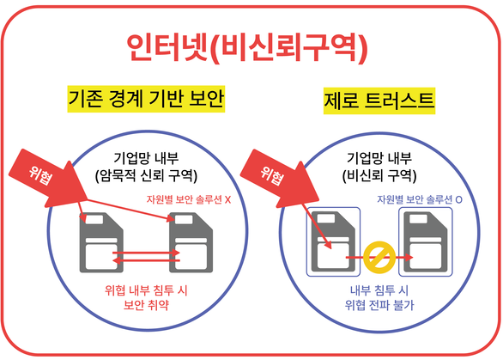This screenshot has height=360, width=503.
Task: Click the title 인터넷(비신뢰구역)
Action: (x=246, y=48)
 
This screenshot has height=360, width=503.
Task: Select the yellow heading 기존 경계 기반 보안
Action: (x=146, y=99)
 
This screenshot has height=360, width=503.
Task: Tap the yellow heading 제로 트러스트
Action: (x=379, y=101)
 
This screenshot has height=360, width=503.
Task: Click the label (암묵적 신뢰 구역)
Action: (x=146, y=175)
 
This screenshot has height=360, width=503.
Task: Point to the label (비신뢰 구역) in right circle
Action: (x=379, y=175)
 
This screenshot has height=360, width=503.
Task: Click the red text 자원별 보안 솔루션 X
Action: (x=189, y=199)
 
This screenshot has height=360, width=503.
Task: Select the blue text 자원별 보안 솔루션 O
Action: (x=420, y=199)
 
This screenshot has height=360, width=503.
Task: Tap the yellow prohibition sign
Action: (x=379, y=257)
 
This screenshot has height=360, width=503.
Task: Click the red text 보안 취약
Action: (x=146, y=304)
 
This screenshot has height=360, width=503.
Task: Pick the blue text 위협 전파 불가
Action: (x=379, y=304)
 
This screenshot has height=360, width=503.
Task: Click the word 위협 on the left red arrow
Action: (x=40, y=175)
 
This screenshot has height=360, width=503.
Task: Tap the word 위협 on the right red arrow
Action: (x=272, y=175)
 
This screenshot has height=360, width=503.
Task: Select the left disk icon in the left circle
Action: (x=101, y=242)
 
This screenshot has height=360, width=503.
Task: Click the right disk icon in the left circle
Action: (x=191, y=242)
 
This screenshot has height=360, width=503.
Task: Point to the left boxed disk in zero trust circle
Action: (x=333, y=241)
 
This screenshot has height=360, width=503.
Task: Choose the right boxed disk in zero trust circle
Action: (x=426, y=241)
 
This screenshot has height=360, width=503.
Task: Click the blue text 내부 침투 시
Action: (x=379, y=290)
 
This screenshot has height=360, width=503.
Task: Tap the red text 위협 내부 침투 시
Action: (x=146, y=290)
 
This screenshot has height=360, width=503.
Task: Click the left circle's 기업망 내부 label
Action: (x=146, y=158)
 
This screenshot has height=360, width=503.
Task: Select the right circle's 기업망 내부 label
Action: (x=379, y=158)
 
